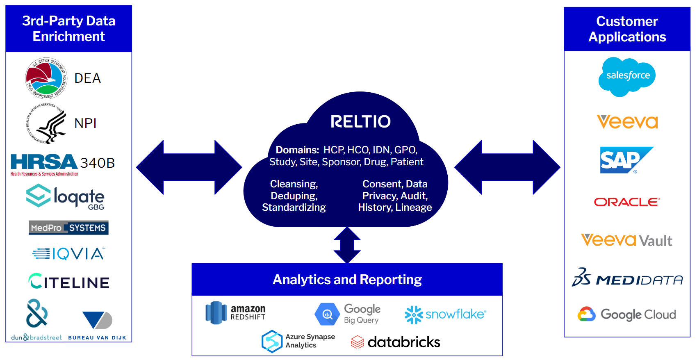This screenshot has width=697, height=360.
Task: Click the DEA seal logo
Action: click(46, 78)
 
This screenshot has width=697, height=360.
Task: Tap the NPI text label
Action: click(85, 123)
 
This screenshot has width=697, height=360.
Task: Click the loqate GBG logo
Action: click(66, 197)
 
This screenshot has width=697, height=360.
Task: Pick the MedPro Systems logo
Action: click(68, 228)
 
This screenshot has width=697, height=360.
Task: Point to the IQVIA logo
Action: click(69, 254)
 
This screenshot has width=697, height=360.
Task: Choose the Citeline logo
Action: click(69, 282)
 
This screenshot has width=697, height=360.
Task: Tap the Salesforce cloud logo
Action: click(627, 76)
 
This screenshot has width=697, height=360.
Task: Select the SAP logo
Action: click(626, 160)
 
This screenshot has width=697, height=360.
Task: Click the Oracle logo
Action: click(627, 202)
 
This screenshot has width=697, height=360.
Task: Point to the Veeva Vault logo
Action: click(626, 240)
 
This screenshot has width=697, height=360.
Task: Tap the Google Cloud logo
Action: click(627, 314)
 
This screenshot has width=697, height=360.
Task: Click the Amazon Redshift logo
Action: click(235, 312)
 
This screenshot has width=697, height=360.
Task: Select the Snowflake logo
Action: click(445, 314)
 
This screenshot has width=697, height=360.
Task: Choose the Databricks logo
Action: click(396, 342)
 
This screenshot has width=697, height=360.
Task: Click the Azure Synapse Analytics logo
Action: click(298, 341)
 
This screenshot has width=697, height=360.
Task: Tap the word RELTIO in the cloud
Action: click(360, 121)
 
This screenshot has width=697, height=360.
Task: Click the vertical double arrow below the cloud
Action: click(347, 245)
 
